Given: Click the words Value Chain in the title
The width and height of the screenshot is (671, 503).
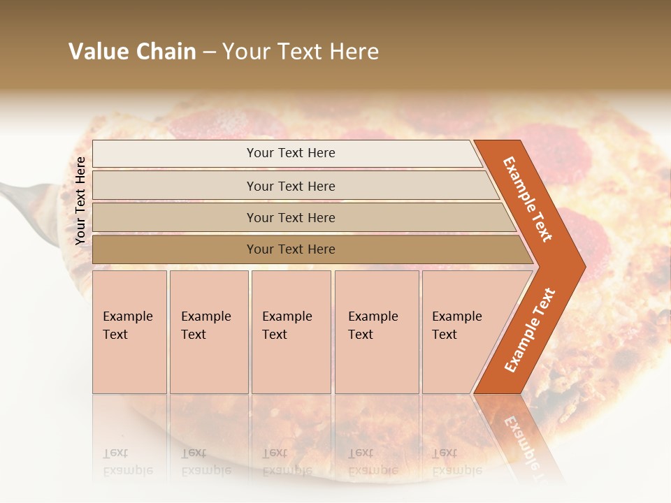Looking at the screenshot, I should (x=132, y=52).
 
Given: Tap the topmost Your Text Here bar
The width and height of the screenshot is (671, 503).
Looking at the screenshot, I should (x=290, y=153).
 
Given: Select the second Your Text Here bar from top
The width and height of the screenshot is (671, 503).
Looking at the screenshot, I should (x=290, y=186).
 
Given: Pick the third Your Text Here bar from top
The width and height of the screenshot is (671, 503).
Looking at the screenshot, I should (x=290, y=217).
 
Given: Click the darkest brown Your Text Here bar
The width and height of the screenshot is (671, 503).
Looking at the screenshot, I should (x=290, y=249).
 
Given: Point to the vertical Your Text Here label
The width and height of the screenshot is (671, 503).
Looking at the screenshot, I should (x=80, y=201).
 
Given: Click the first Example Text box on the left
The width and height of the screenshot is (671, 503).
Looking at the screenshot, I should (x=129, y=332).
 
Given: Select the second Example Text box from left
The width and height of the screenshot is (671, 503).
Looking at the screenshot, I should (x=208, y=332).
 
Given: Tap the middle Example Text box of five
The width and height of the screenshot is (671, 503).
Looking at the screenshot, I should (x=291, y=332).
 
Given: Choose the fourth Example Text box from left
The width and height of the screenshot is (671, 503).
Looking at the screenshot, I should (x=376, y=332).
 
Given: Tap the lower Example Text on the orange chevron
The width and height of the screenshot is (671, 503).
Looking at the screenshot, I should (x=530, y=330).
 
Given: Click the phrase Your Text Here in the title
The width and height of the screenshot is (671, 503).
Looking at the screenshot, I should (x=301, y=52).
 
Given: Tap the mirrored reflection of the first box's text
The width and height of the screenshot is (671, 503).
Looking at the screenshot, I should (x=128, y=462).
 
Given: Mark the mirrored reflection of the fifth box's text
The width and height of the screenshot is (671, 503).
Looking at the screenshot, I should (x=456, y=462).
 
